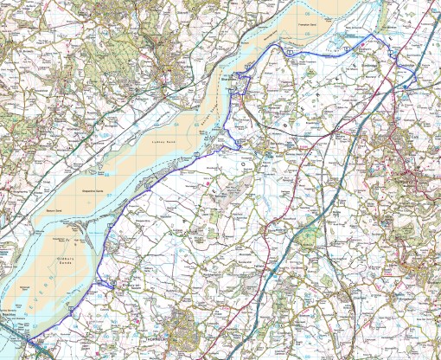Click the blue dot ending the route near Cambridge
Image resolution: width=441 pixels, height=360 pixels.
(404, 87)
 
